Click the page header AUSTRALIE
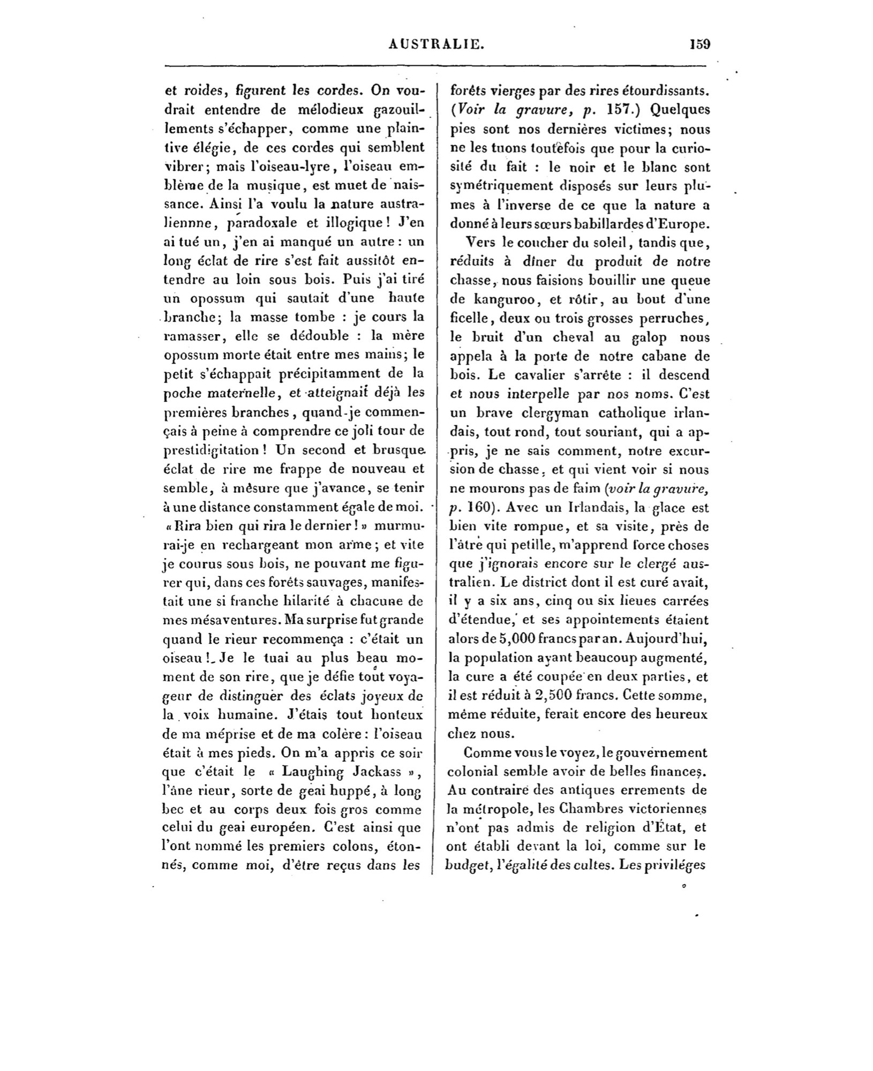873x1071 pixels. tap(436, 44)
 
